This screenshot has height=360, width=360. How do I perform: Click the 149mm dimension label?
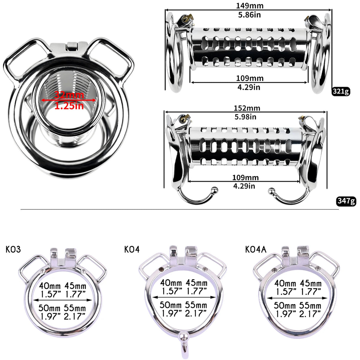pyautogui.click(x=249, y=6)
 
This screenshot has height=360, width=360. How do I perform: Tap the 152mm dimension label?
pyautogui.click(x=247, y=108)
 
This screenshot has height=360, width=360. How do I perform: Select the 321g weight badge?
pyautogui.click(x=341, y=91)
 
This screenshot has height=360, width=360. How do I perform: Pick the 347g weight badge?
pyautogui.click(x=346, y=201)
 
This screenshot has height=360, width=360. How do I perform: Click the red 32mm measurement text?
pyautogui.click(x=69, y=95)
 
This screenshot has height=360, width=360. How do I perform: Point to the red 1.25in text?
pyautogui.click(x=69, y=106)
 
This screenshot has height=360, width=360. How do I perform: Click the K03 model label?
pyautogui.click(x=13, y=249)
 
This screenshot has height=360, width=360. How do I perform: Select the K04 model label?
pyautogui.click(x=132, y=249)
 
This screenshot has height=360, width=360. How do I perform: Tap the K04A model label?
pyautogui.click(x=256, y=249)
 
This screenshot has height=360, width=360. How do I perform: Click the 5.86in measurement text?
pyautogui.click(x=249, y=15)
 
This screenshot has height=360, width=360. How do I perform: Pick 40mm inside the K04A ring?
pyautogui.click(x=285, y=283)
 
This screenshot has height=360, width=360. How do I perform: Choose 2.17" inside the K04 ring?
pyautogui.click(x=196, y=313)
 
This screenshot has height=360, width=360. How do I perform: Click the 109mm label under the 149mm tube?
pyautogui.click(x=250, y=78)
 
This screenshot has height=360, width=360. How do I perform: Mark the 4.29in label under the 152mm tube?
pyautogui.click(x=244, y=186)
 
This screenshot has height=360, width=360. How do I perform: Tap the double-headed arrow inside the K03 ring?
pyautogui.click(x=63, y=300)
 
